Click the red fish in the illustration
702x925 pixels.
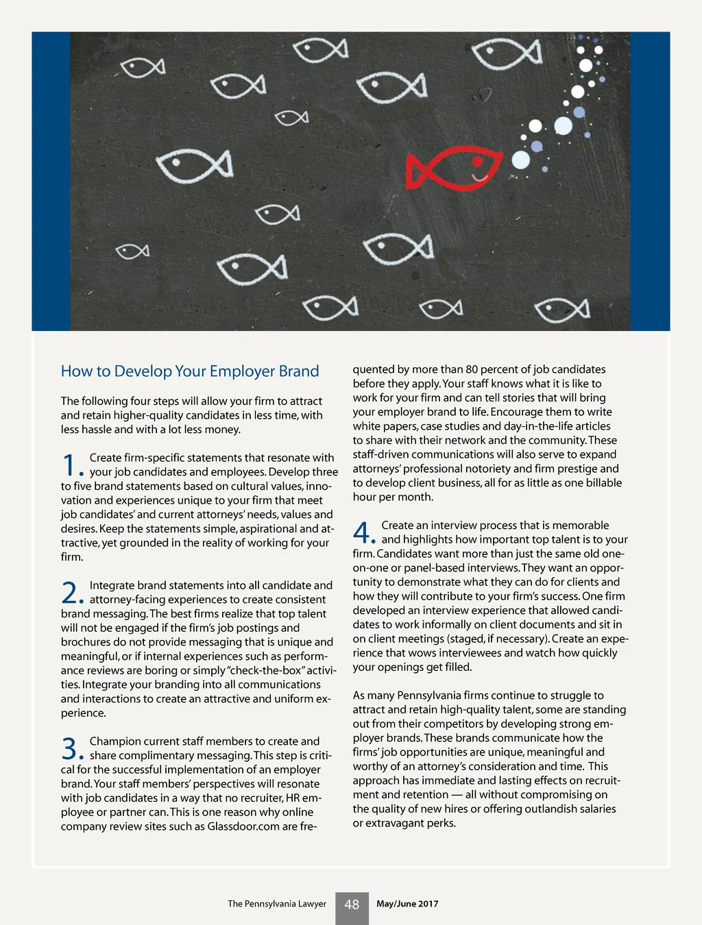coord(453,169)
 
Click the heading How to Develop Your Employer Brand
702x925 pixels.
coord(190,371)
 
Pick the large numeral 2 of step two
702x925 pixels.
coord(70,593)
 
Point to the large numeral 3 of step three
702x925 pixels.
coord(70,748)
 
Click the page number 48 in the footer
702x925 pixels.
coord(352,904)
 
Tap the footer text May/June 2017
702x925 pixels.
coord(407,904)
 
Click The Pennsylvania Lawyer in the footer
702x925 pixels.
coord(277,904)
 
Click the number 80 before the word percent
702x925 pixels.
coord(472,369)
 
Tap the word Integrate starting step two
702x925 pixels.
coord(112,585)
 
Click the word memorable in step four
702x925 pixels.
coord(581,526)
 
